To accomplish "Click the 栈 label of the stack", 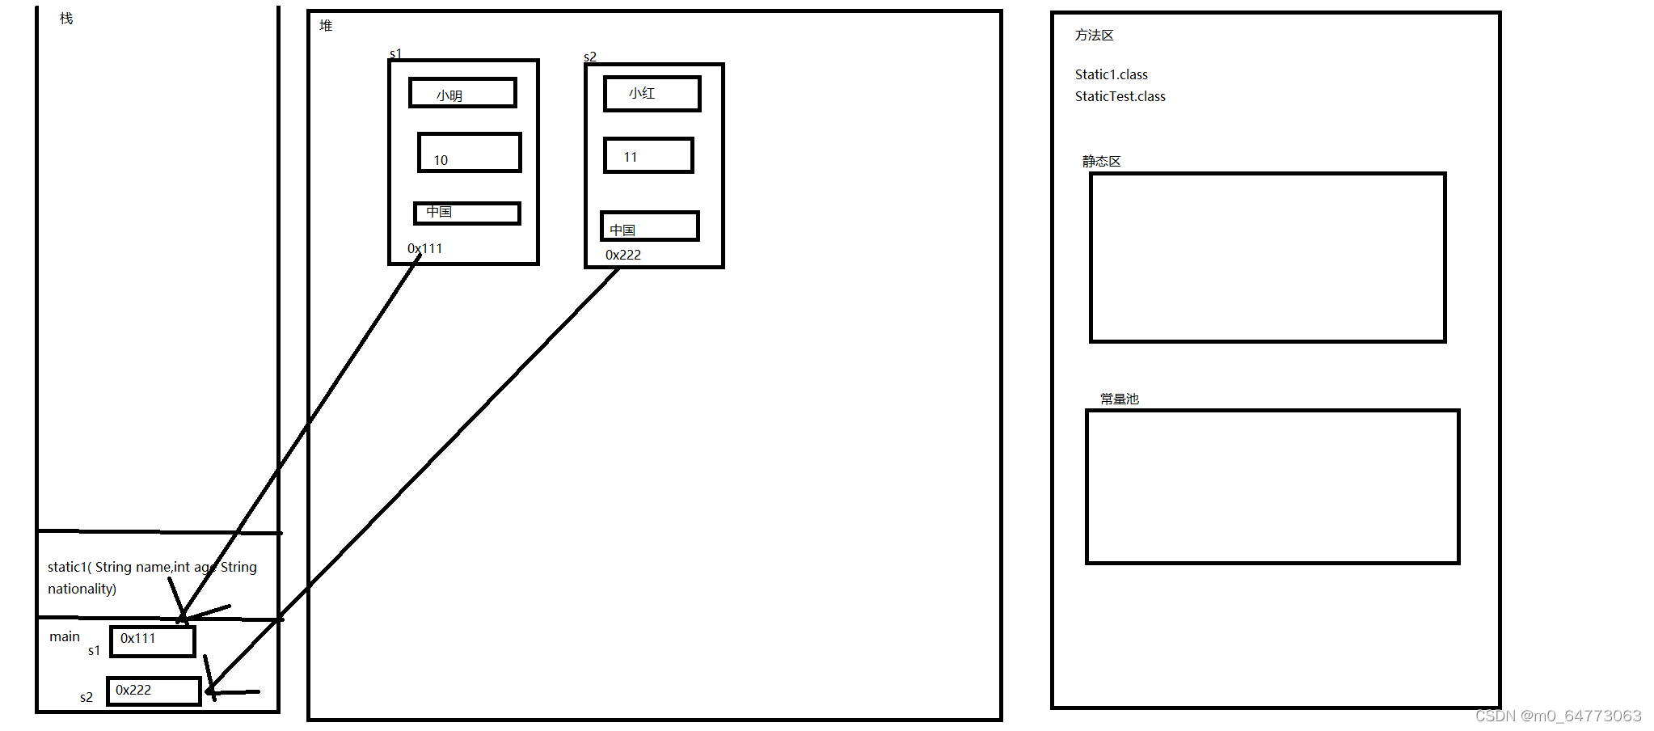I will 66,19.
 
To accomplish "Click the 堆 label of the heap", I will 326,26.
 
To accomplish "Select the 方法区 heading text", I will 1094,36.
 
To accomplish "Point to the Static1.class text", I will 1111,74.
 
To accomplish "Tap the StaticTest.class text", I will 1120,96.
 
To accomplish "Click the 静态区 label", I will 1101,162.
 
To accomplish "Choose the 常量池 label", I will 1119,399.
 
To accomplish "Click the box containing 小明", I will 462,93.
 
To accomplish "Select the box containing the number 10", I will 469,153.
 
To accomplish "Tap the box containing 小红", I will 652,94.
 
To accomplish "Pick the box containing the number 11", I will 648,155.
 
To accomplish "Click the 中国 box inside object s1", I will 466,213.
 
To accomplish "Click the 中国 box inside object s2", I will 649,226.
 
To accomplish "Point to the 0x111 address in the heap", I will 424,248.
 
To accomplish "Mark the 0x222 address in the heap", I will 622,255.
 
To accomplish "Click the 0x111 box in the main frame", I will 153,641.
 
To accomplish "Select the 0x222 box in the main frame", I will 154,691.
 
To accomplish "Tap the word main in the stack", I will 65,636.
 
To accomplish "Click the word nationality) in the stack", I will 82,589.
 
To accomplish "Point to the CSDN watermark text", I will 1557,716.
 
